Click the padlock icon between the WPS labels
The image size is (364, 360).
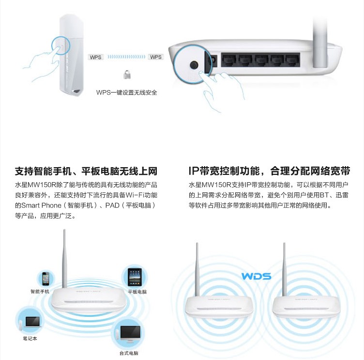coord(127,74)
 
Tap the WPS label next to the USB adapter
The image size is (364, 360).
coord(95,57)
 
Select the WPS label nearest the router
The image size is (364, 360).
coord(156,57)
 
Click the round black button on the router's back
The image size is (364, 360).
coord(194,65)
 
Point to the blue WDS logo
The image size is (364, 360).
coord(256,276)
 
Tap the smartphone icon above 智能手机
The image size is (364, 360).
coord(45,279)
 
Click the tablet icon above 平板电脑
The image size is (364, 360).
coord(135,277)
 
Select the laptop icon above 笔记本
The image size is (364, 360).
coord(32,322)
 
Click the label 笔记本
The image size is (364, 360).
coord(30,338)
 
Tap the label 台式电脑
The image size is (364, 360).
coord(129,353)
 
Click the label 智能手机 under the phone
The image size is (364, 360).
coord(40,291)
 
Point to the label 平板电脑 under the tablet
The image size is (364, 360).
coord(137,292)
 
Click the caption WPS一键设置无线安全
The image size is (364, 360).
coord(126,93)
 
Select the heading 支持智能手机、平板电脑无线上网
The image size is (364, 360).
coord(86,171)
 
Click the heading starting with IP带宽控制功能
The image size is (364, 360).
coord(269,171)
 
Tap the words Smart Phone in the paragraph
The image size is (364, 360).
coord(41,205)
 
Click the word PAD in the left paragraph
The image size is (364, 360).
coord(112,205)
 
